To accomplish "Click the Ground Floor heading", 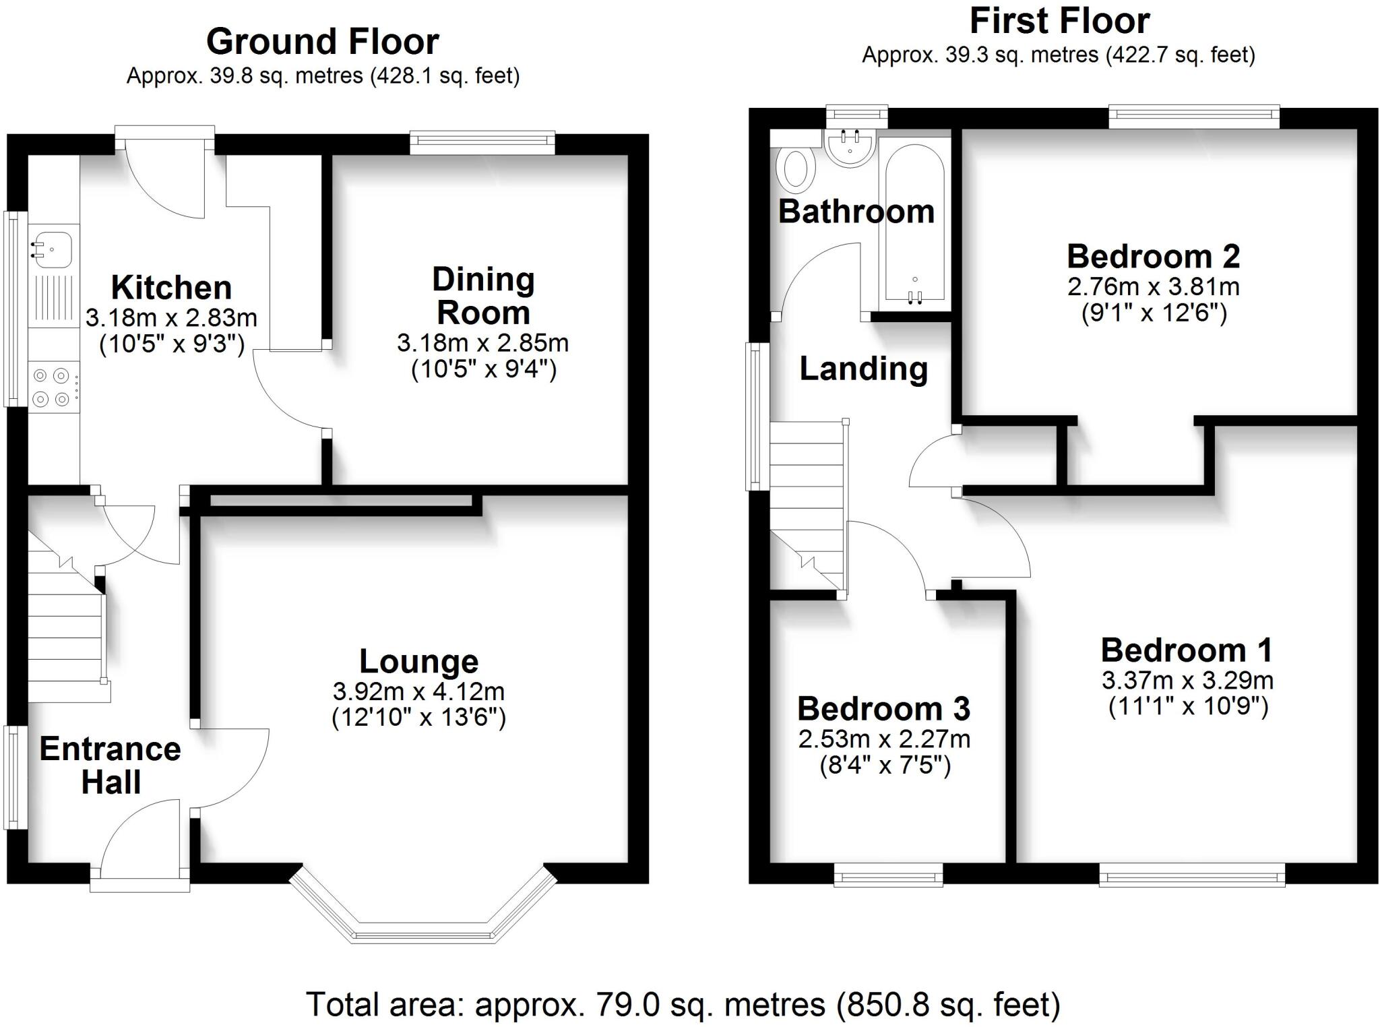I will (x=322, y=42).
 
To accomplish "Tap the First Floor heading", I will (x=1059, y=22).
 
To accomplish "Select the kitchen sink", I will (x=52, y=246).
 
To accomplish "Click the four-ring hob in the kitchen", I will (x=52, y=387).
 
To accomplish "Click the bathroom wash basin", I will (x=850, y=146).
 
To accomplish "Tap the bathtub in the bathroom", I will (x=914, y=226).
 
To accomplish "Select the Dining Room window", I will (x=482, y=139).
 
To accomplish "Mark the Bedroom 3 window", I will (x=888, y=876).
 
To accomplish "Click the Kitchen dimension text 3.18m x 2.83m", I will (x=171, y=317).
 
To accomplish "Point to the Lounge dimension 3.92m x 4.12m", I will (x=418, y=691).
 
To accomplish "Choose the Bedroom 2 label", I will (x=1153, y=257).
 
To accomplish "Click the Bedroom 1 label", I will (x=1187, y=650).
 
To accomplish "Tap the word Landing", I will (x=863, y=369).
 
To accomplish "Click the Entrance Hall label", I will (x=111, y=766).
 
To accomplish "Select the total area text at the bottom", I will (x=683, y=1005).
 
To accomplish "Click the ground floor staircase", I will (x=66, y=630).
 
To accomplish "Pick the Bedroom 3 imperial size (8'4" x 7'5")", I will (x=884, y=766).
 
